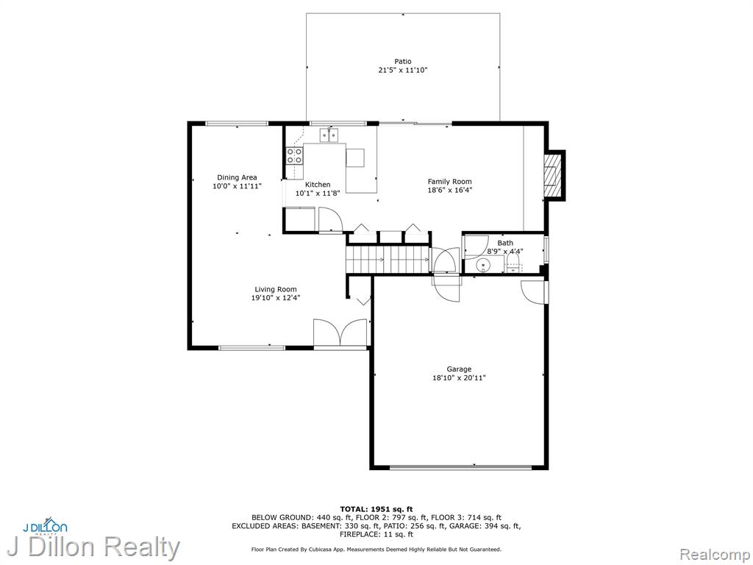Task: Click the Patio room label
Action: click(403, 61)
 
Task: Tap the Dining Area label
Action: click(237, 177)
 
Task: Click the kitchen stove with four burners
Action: click(295, 155)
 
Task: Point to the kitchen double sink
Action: click(329, 136)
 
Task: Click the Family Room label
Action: click(449, 182)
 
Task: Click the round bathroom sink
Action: click(482, 265)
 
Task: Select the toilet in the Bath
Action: click(513, 263)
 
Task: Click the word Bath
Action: click(504, 243)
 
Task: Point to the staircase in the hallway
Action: click(388, 260)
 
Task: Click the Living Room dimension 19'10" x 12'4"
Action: click(276, 298)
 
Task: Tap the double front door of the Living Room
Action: click(340, 333)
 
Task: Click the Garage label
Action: click(459, 369)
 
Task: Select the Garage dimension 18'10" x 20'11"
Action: click(459, 378)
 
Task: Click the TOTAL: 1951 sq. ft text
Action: click(376, 509)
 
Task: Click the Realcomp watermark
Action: click(715, 555)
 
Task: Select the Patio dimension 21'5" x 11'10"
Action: click(403, 70)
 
